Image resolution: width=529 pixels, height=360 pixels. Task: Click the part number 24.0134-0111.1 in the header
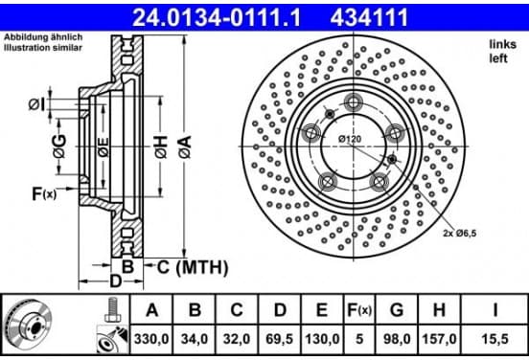(217, 17)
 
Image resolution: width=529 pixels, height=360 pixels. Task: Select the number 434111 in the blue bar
(369, 17)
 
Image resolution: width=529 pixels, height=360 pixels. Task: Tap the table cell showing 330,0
(151, 339)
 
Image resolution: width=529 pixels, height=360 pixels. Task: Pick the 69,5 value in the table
(279, 339)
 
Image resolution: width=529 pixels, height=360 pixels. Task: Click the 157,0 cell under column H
(439, 339)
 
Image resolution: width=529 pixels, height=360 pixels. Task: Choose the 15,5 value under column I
(494, 339)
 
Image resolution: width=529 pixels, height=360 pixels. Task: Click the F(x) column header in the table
(359, 309)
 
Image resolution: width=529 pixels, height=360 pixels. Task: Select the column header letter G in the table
(397, 309)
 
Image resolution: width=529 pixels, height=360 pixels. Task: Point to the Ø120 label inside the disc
(350, 139)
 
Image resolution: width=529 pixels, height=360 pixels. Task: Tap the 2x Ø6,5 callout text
(459, 233)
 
